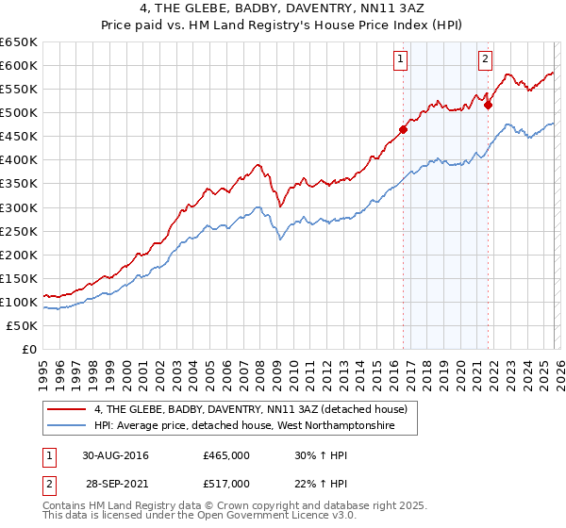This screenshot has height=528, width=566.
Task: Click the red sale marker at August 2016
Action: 403,129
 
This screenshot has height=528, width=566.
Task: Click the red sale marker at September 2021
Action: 488,105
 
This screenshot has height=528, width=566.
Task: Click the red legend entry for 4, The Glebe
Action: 250,409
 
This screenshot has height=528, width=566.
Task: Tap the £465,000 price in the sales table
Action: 226,455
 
